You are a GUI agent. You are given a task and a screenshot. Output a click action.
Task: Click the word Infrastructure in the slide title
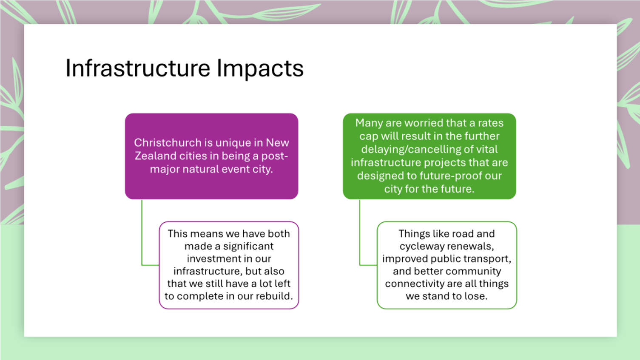click(x=138, y=68)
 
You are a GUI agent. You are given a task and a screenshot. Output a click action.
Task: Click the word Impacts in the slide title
click(x=260, y=68)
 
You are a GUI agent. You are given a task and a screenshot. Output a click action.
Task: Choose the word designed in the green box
click(x=376, y=176)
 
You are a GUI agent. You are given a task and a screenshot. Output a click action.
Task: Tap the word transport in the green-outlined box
click(x=488, y=258)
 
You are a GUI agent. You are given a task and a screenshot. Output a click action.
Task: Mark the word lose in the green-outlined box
click(x=475, y=296)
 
